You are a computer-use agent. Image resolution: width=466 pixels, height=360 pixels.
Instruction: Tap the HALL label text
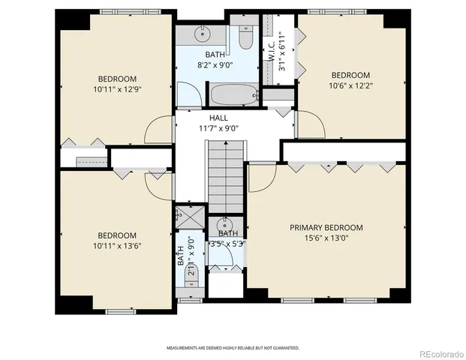tap(218, 118)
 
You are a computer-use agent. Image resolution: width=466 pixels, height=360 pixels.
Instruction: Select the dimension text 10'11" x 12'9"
tap(117, 89)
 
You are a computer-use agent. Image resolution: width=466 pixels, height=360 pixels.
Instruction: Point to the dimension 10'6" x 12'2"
tap(350, 85)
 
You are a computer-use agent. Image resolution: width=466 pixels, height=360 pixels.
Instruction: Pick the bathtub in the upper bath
tap(233, 95)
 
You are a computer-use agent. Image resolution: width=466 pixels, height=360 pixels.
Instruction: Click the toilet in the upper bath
tap(245, 37)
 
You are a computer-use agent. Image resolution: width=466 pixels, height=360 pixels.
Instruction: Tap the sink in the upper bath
tap(202, 34)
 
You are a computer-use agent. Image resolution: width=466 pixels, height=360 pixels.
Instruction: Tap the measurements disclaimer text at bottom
tap(233, 348)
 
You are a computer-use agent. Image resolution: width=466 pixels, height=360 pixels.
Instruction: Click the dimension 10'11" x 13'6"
tap(117, 245)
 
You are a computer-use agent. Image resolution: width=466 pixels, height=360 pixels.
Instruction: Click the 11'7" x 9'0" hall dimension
tap(218, 128)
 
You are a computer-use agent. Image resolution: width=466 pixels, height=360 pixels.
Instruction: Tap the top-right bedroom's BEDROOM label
tap(350, 75)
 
